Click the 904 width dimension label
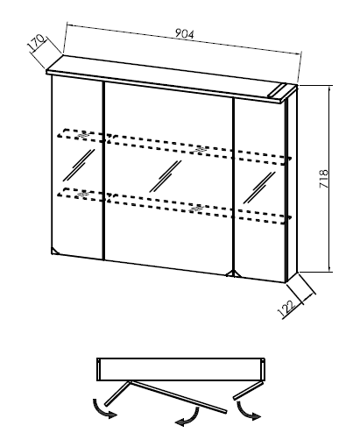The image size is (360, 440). [184, 34]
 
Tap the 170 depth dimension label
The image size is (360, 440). [36, 43]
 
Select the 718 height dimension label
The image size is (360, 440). [324, 178]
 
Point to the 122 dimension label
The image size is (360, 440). [286, 309]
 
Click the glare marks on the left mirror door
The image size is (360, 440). [79, 165]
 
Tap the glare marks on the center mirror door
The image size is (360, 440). [166, 176]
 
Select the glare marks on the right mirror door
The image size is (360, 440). [259, 188]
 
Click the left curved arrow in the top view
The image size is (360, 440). [102, 409]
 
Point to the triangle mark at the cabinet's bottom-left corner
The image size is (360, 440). [54, 251]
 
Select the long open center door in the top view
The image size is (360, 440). [177, 396]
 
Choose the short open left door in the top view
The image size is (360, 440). [116, 394]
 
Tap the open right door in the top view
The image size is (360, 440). [249, 389]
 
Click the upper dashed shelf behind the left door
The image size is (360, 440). [81, 136]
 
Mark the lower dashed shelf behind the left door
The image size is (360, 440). [81, 194]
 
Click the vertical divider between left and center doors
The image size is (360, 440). [103, 171]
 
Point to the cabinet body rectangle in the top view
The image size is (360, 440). [180, 369]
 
